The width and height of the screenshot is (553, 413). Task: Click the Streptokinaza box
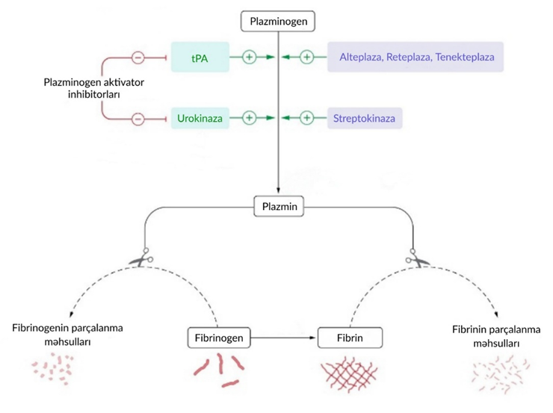coord(365,118)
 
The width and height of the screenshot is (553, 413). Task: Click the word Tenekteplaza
coord(467,57)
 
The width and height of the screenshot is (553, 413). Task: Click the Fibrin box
coord(349,338)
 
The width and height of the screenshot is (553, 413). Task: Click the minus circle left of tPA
coord(138,57)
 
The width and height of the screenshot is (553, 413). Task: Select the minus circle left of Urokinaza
coord(138,118)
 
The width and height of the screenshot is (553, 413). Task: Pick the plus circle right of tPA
coord(249,57)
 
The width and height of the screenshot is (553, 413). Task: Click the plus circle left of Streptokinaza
coord(306,118)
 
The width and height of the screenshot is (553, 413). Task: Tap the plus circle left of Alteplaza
coord(306,57)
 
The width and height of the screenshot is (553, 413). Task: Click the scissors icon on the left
coord(140,259)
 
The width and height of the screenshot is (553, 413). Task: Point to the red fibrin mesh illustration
coord(349,373)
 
